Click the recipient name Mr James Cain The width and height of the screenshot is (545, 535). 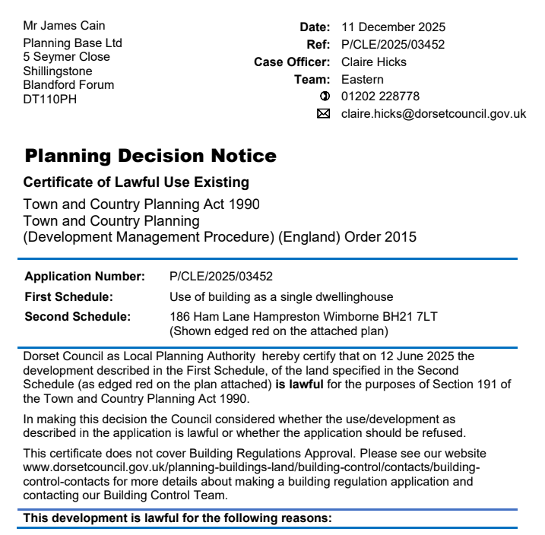click(65, 27)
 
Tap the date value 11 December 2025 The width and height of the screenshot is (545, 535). click(393, 27)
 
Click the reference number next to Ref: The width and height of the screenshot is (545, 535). click(393, 45)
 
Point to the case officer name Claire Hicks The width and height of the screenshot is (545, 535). click(374, 62)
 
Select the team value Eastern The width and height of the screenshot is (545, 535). click(363, 80)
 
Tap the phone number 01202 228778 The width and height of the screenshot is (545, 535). click(380, 97)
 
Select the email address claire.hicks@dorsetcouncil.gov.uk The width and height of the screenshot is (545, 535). click(433, 114)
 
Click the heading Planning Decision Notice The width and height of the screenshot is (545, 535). click(151, 157)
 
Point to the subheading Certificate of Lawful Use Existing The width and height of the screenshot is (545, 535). click(136, 182)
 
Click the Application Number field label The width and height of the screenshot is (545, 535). click(84, 276)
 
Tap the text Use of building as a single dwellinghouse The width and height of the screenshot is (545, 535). click(281, 296)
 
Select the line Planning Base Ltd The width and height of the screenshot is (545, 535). click(72, 43)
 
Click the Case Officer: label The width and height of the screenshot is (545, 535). click(292, 62)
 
